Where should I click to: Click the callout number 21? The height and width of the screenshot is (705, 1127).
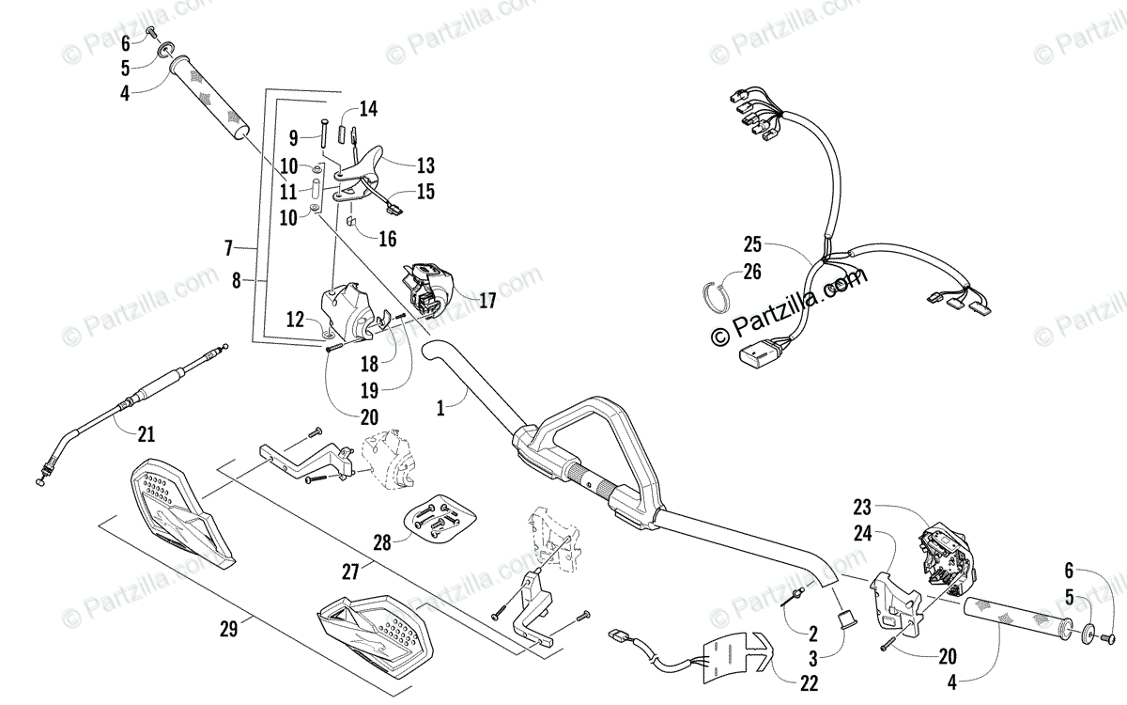coord(146,434)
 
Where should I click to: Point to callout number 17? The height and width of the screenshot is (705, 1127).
coord(486,302)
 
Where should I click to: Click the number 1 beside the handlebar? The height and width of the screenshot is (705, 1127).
coord(440,409)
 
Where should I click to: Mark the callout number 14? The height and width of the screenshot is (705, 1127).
coord(368,109)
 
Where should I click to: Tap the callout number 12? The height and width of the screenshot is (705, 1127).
coord(296,320)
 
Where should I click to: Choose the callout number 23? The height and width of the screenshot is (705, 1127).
coord(862,509)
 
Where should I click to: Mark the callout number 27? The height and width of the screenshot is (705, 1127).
coord(350,571)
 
